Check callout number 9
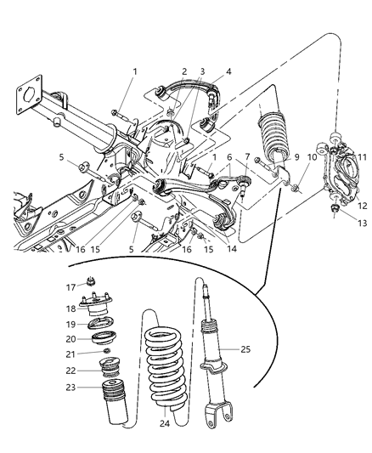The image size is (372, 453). pos(296,156)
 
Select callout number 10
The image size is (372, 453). pos(312,156)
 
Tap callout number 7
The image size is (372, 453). pos(248,156)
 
